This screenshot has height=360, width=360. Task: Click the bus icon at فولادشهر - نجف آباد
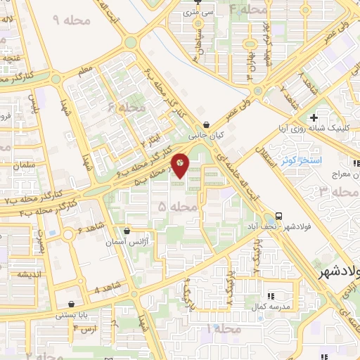point(280,216)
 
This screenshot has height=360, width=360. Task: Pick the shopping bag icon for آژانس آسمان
point(127,231)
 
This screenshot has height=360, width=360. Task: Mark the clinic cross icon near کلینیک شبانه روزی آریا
point(314,117)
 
